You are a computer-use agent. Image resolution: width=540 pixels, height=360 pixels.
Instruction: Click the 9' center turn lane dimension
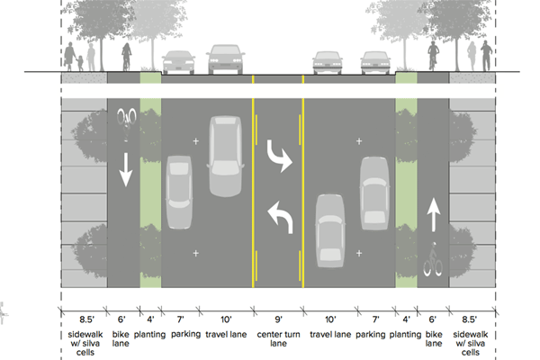279,318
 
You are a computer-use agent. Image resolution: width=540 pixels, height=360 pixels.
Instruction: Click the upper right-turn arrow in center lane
281,159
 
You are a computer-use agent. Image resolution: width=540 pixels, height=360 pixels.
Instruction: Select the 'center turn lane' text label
279,338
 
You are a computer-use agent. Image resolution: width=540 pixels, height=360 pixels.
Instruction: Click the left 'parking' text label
179,333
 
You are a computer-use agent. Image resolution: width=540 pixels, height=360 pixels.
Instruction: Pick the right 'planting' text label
406,333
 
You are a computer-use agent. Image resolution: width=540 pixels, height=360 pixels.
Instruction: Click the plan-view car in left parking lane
179,184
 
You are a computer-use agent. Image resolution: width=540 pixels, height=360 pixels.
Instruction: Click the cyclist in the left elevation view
127,57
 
